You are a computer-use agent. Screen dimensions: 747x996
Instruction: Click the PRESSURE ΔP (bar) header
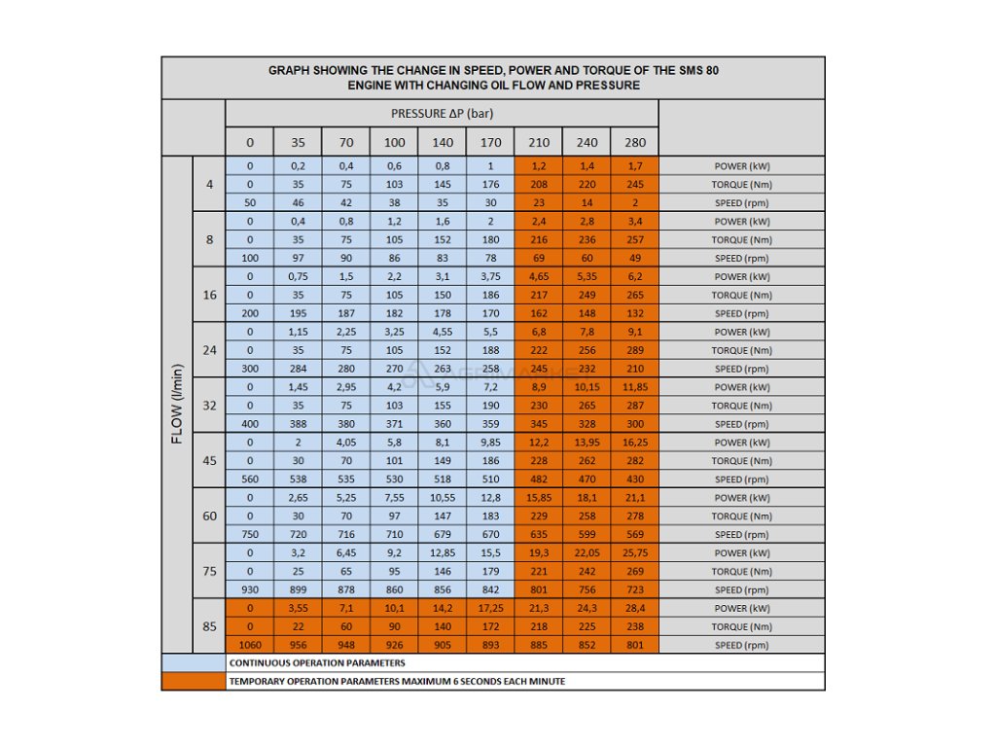click(x=442, y=113)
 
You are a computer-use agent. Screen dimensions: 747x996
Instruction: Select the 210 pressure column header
click(x=538, y=142)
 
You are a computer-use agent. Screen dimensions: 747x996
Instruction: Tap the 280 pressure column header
click(x=634, y=142)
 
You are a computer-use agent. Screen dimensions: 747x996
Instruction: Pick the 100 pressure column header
click(x=394, y=142)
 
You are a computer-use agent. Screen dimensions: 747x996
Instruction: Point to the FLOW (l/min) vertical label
click(x=177, y=404)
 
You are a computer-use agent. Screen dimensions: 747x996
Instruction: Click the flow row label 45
click(x=209, y=461)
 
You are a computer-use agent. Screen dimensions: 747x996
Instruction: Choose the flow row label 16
click(x=209, y=295)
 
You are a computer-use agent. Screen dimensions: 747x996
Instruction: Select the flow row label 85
click(x=209, y=626)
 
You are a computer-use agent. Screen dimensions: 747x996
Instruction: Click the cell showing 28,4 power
click(x=634, y=609)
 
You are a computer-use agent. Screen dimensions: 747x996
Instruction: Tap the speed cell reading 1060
click(x=250, y=646)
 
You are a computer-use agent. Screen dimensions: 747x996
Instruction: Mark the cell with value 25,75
click(x=634, y=553)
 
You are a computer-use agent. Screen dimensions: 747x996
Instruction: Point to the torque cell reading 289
click(x=634, y=350)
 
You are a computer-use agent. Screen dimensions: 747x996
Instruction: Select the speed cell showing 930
click(x=250, y=590)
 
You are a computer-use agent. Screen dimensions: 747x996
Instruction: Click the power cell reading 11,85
click(x=634, y=387)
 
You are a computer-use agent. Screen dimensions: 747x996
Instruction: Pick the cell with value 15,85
click(x=538, y=498)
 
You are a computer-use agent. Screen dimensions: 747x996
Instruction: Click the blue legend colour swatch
click(x=193, y=662)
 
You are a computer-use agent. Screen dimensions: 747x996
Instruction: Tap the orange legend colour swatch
click(x=193, y=681)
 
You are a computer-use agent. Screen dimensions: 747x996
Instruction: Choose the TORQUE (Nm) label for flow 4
click(x=742, y=185)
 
